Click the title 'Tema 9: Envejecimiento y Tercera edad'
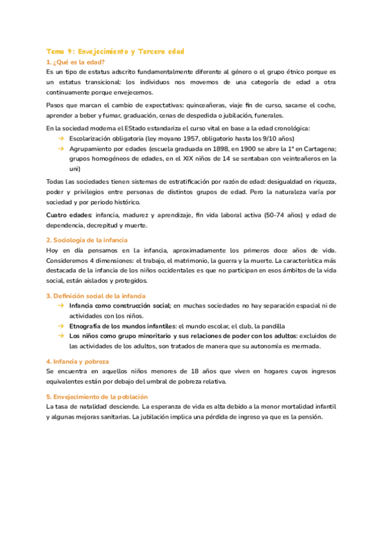coord(115,50)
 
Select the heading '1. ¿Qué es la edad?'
coord(76,62)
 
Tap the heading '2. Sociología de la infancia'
coord(87,240)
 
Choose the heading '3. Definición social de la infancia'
coord(96,296)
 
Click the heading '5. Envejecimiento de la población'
coord(97,396)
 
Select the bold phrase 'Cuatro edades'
coord(69,215)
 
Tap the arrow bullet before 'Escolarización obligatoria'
coord(61,138)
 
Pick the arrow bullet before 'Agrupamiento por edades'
coord(61,148)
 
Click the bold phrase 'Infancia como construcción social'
coord(120,306)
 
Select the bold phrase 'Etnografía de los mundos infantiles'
coord(123,326)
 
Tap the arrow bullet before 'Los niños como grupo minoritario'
coord(61,336)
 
